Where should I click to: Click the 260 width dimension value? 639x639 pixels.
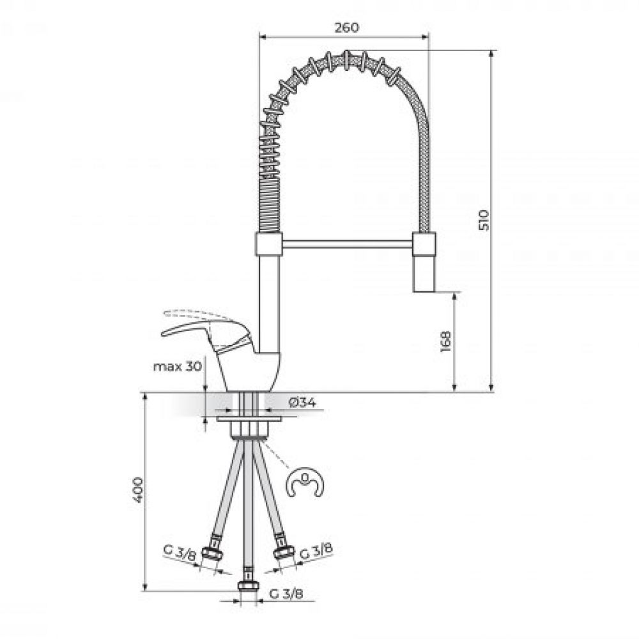tap(347, 27)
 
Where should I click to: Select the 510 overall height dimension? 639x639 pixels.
tap(483, 220)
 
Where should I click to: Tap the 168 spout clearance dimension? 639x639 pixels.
tap(446, 341)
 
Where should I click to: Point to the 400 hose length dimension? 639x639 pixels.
tap(138, 490)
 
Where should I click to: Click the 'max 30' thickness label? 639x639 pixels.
tap(177, 366)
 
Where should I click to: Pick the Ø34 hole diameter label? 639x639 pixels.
tap(302, 403)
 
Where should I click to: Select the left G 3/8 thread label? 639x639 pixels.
tap(180, 552)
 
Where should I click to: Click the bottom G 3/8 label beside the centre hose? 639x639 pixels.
tap(286, 594)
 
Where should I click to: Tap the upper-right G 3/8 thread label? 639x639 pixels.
tap(316, 551)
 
